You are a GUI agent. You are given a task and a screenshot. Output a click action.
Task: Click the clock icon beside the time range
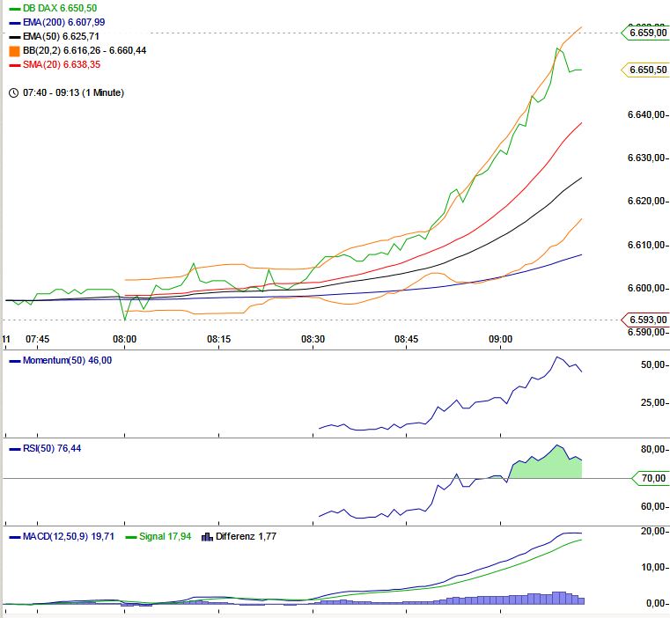coord(12,92)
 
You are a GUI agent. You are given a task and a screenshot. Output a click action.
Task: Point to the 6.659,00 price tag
coord(647,33)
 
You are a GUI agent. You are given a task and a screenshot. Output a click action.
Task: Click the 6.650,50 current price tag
coord(647,70)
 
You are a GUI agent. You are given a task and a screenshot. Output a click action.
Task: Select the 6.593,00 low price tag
coord(647,320)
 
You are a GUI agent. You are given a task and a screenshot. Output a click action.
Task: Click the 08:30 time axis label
coord(313,339)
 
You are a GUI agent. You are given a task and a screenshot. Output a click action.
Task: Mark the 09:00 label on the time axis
coord(501,339)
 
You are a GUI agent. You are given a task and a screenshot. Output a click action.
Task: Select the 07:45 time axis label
coord(37,339)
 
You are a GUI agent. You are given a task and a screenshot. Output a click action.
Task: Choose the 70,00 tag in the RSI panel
coord(652,478)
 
